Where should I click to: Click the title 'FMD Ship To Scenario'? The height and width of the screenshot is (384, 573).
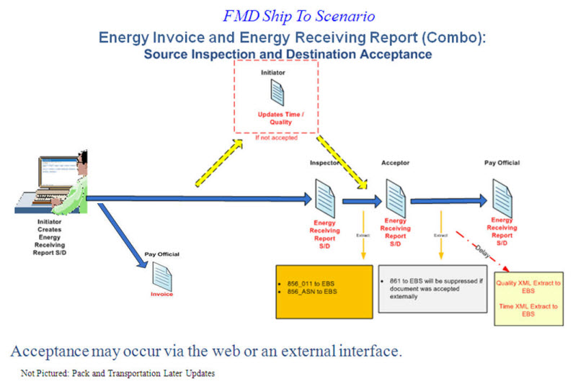pyautogui.click(x=287, y=14)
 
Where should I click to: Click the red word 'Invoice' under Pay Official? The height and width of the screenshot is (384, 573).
pyautogui.click(x=161, y=294)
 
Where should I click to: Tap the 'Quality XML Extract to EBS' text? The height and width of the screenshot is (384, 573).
pyautogui.click(x=528, y=287)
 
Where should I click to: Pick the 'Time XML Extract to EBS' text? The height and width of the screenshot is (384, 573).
pyautogui.click(x=528, y=310)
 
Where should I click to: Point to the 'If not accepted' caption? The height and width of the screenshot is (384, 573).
pyautogui.click(x=275, y=137)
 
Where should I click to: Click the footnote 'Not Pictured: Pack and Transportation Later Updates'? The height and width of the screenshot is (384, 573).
pyautogui.click(x=118, y=373)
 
